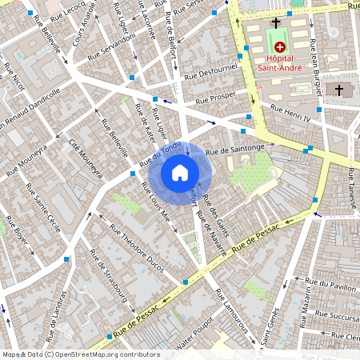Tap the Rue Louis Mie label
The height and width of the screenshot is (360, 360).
(155, 205)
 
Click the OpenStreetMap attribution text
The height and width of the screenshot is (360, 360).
(80, 354)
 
